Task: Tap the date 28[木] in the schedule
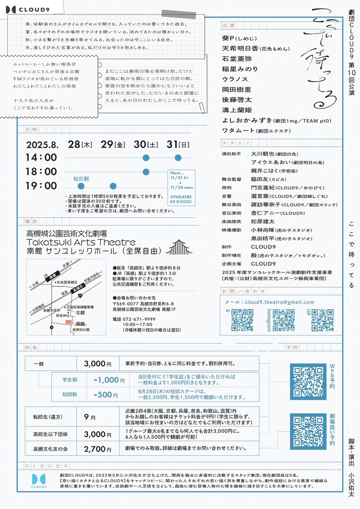(x=80, y=144)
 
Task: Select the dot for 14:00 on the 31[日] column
(x=178, y=157)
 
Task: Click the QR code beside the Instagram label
(x=284, y=320)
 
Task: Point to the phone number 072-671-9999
(x=128, y=319)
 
